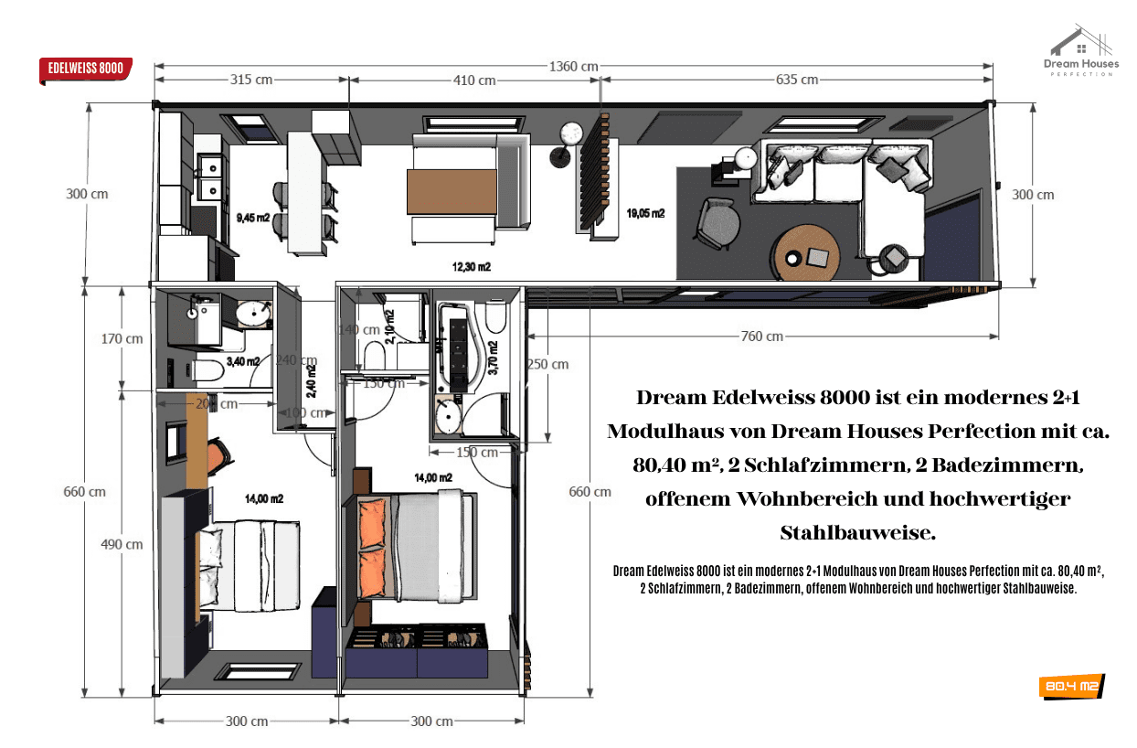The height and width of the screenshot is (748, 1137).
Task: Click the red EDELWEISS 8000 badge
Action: [x=86, y=69]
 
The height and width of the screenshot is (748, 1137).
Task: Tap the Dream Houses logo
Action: [x=1081, y=51]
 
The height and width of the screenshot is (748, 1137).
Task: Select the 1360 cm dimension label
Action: [x=573, y=66]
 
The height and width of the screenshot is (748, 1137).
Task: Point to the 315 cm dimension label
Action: [x=251, y=80]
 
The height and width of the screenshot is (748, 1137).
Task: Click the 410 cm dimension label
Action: [x=474, y=80]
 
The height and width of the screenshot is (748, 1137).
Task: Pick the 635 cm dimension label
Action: [x=796, y=80]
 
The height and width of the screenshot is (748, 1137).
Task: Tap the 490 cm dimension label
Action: [x=122, y=544]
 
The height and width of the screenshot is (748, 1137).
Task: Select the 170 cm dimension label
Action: [x=122, y=338]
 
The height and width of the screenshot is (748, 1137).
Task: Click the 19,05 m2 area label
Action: [x=645, y=213]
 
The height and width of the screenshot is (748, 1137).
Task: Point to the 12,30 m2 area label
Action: [x=472, y=267]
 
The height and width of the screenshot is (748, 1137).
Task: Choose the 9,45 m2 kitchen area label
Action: [x=253, y=218]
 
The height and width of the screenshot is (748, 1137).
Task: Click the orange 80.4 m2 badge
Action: [x=1071, y=686]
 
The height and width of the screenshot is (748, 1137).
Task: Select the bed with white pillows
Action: [x=249, y=565]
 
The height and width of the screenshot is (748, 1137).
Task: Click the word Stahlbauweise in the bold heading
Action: [x=858, y=532]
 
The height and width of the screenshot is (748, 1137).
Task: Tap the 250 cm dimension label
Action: [x=547, y=364]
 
